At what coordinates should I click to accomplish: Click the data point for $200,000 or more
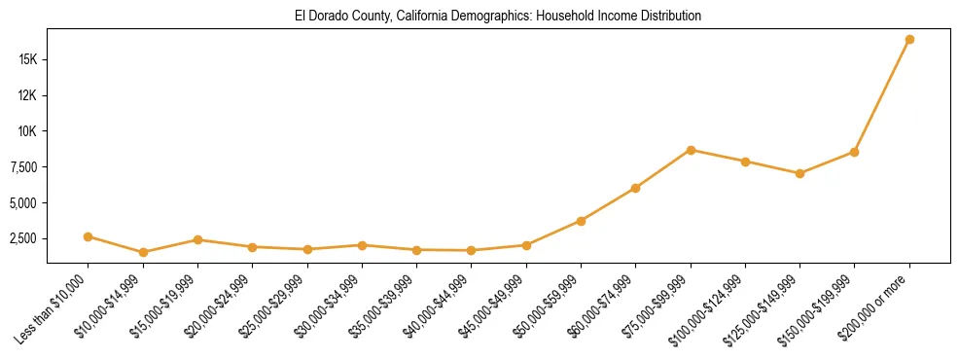pyautogui.click(x=908, y=40)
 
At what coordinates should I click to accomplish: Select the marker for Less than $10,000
pyautogui.click(x=89, y=236)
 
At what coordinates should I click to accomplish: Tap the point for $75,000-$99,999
pyautogui.click(x=691, y=150)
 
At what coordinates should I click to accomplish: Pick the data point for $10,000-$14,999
pyautogui.click(x=143, y=252)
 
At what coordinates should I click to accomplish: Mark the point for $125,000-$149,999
pyautogui.click(x=799, y=173)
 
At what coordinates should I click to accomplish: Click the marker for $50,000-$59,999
pyautogui.click(x=581, y=221)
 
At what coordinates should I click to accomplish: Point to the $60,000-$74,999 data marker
pyautogui.click(x=635, y=188)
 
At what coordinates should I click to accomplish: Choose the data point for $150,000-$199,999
pyautogui.click(x=854, y=152)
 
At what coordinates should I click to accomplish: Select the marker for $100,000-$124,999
pyautogui.click(x=745, y=162)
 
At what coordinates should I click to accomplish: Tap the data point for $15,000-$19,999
pyautogui.click(x=197, y=239)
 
